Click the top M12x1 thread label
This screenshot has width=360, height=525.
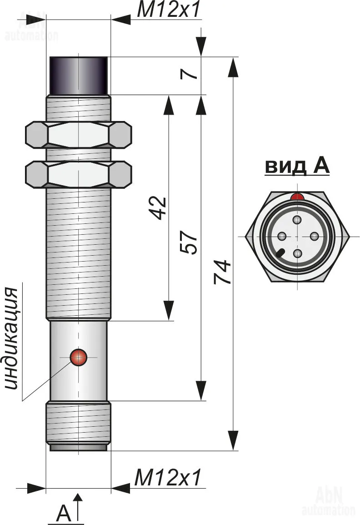pos(168,10)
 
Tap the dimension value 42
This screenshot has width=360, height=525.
pos(159,208)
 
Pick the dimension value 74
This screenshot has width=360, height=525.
pos(223,272)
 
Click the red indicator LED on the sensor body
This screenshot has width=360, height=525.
pos(78,358)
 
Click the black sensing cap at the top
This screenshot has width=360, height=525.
pos(78,76)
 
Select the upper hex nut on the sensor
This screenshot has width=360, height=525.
pos(78,135)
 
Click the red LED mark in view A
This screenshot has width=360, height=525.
pos(297,197)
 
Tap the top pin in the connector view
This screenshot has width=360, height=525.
pos(297,221)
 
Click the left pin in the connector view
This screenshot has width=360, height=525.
pos(281,237)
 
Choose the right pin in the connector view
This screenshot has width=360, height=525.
pos(314,237)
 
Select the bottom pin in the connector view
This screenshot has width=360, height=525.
pos(297,253)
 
